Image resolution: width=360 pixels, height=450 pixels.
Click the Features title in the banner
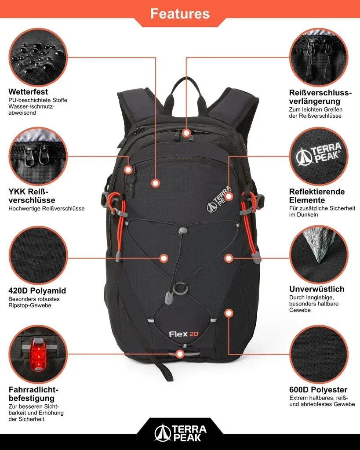tap(180, 14)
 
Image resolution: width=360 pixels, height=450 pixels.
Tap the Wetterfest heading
tap(28, 91)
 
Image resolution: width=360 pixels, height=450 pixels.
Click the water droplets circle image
tap(38, 57)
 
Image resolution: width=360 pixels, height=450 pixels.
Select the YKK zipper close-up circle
tap(38, 156)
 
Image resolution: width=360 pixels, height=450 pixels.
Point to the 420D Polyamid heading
tap(37, 290)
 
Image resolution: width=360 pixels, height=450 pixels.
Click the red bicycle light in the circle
tap(38, 354)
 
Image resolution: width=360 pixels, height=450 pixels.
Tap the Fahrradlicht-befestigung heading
tap(33, 394)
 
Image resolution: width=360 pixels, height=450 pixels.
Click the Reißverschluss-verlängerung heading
tap(320, 97)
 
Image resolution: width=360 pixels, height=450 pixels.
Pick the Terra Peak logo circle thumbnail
tap(319, 156)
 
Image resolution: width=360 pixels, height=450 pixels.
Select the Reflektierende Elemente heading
tap(317, 196)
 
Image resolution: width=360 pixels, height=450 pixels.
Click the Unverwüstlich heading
tap(316, 289)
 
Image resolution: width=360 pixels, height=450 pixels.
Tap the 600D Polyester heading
tap(318, 389)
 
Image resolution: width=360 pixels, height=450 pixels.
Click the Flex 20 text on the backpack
tap(183, 334)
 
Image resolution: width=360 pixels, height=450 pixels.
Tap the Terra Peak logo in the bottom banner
tap(180, 433)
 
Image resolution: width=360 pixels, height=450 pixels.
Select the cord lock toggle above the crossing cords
tap(182, 231)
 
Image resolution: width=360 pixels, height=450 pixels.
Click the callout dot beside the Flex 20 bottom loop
tap(180, 354)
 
